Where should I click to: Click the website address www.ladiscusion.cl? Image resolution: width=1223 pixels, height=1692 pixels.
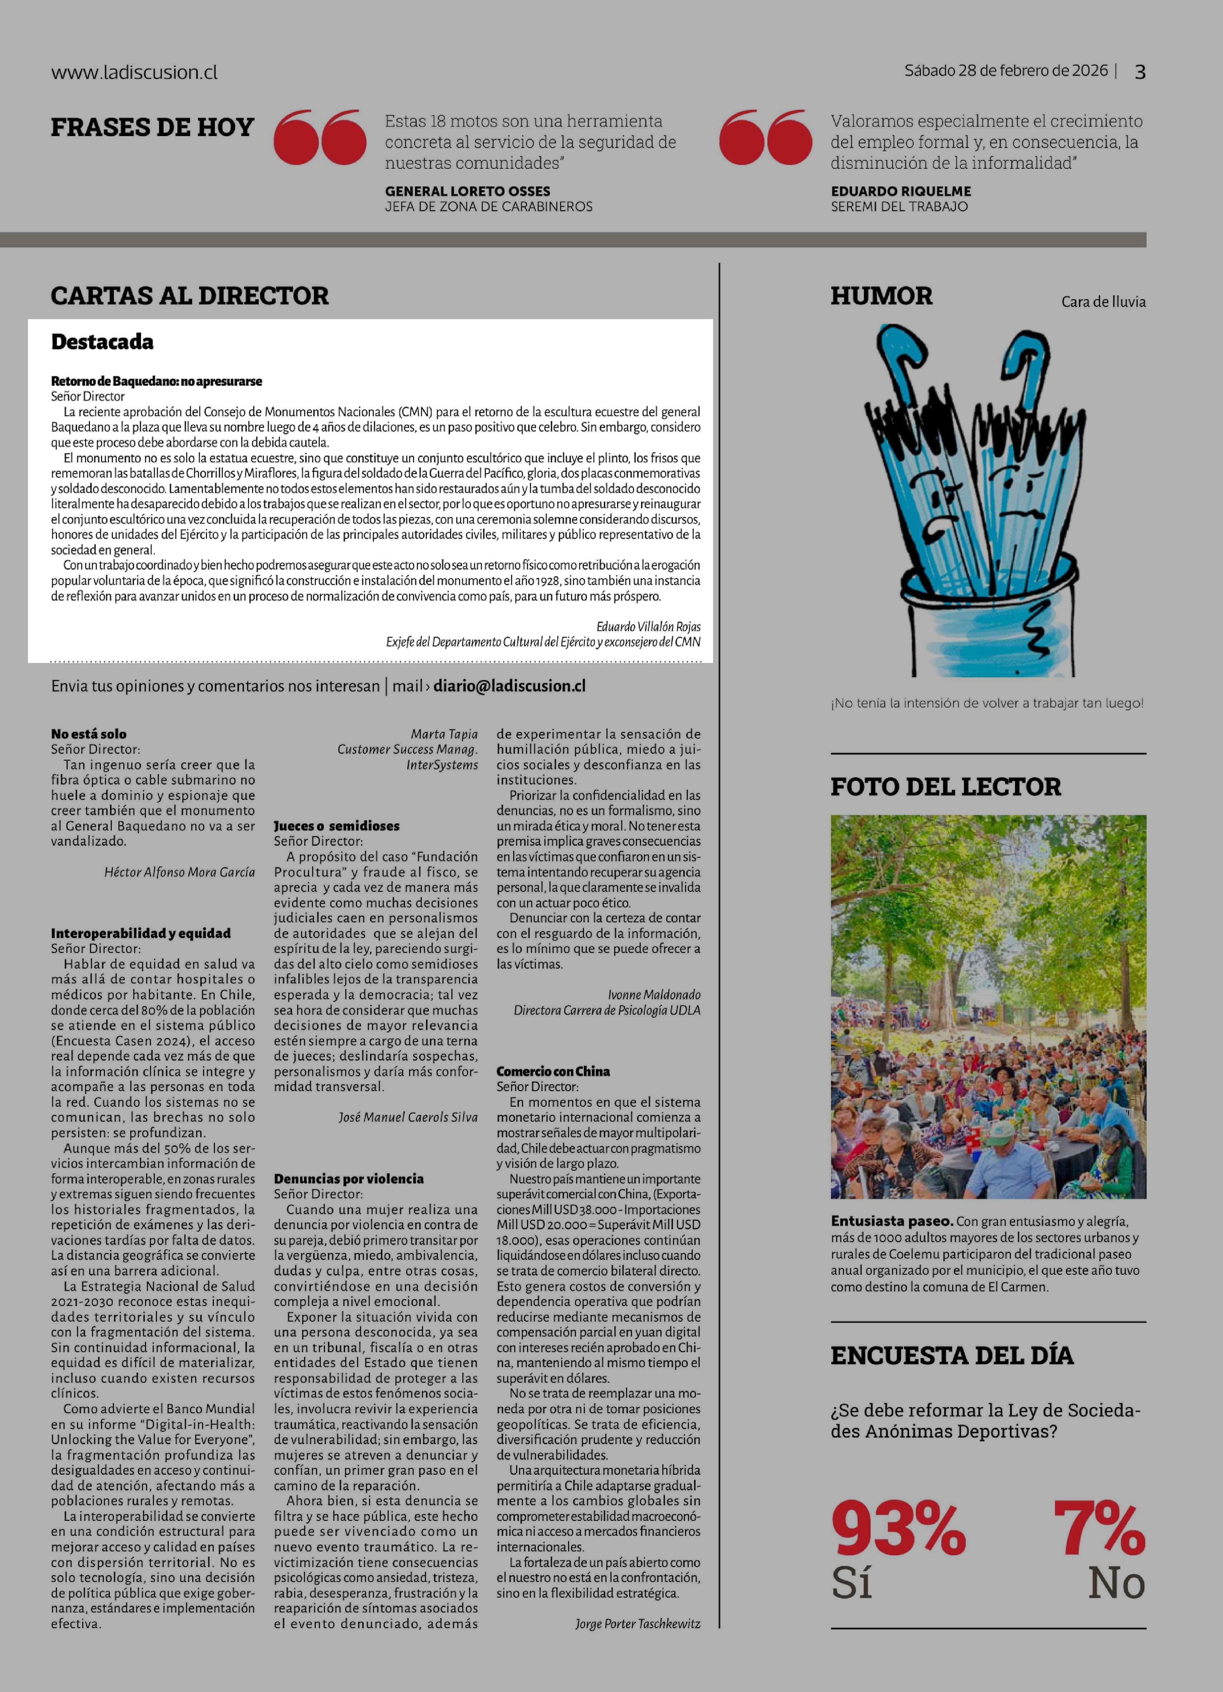pos(134,72)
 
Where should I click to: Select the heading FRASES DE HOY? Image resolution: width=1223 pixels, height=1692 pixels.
pos(152,128)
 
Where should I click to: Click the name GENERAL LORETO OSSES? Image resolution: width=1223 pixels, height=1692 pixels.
pos(467,191)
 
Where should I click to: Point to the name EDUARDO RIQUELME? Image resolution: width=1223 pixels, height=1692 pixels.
pos(900,191)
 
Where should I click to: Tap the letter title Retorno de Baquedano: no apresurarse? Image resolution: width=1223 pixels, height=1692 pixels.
pos(157,381)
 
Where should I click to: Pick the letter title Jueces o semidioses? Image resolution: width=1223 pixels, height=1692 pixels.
pos(336,826)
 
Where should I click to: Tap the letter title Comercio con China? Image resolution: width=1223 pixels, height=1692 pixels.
pos(553,1071)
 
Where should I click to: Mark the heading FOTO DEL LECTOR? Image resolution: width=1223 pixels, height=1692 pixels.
pos(945,786)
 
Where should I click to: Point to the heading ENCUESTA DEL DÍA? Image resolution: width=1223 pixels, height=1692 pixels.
pos(951,1355)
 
